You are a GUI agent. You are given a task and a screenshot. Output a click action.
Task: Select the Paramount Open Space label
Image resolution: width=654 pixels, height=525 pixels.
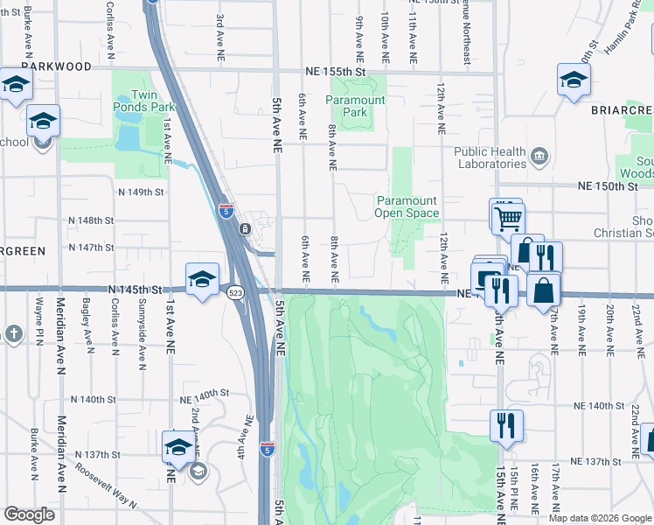(407, 206)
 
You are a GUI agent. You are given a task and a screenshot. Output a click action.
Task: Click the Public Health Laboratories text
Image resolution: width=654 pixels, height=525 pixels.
(490, 157)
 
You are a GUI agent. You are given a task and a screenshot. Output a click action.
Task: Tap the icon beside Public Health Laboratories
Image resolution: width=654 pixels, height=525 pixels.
(539, 157)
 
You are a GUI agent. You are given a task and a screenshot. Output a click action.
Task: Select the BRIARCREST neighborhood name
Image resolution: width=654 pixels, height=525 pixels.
(621, 112)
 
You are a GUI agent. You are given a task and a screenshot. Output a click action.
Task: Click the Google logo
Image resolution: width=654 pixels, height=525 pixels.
(29, 514)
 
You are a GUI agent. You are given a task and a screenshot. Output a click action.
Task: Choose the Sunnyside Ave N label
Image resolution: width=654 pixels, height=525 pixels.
(141, 340)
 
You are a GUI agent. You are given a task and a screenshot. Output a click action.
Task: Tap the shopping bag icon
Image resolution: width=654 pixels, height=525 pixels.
(544, 288)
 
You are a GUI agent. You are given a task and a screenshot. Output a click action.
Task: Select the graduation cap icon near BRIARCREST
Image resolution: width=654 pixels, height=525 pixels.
(573, 80)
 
